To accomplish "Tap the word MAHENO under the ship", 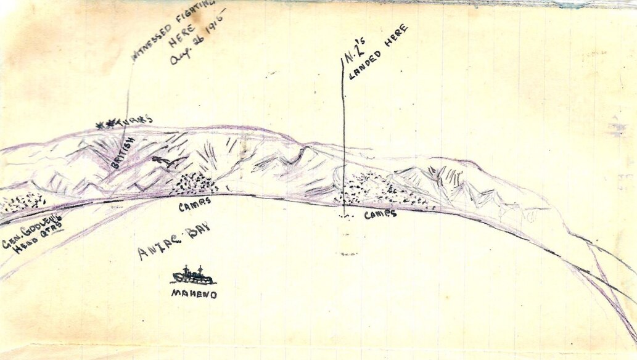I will [194, 295].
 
